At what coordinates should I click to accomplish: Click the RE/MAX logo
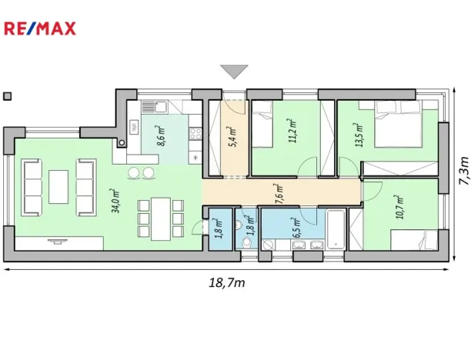coord(40,29)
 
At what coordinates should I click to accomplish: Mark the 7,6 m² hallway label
coord(279,192)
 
